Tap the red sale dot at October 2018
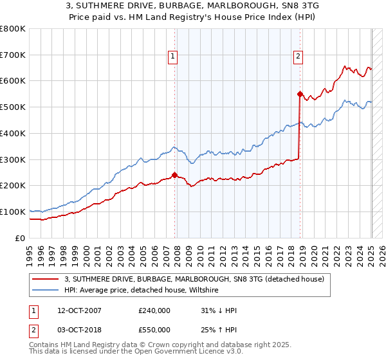(300, 93)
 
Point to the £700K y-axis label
(13, 55)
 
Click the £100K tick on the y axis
(13, 212)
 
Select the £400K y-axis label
(13, 133)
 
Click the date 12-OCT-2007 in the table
(79, 310)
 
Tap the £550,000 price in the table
(154, 329)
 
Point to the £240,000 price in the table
(154, 310)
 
